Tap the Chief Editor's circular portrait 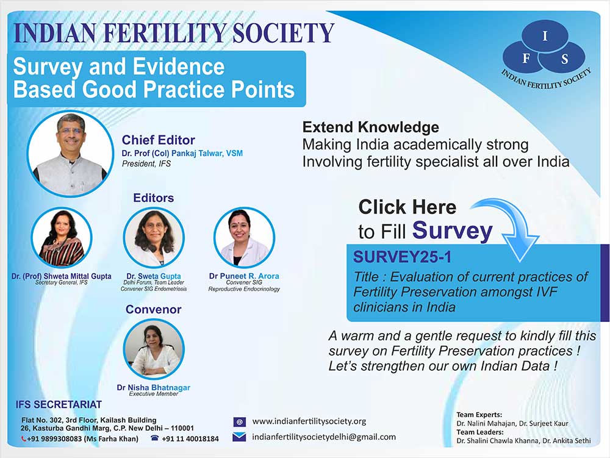[70, 154]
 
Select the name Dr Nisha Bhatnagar [154, 387]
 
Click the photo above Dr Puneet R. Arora [245, 238]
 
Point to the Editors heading [153, 198]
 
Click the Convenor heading [153, 309]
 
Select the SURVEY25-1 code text [402, 257]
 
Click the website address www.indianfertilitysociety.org [309, 421]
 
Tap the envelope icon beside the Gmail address [239, 437]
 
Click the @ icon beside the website [239, 422]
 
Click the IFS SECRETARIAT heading [59, 405]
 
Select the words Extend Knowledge [371, 127]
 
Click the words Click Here [407, 207]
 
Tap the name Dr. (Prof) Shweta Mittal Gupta [62, 276]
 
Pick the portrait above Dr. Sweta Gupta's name [154, 238]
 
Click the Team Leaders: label [480, 432]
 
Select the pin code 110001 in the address [182, 428]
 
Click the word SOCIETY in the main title [283, 33]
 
